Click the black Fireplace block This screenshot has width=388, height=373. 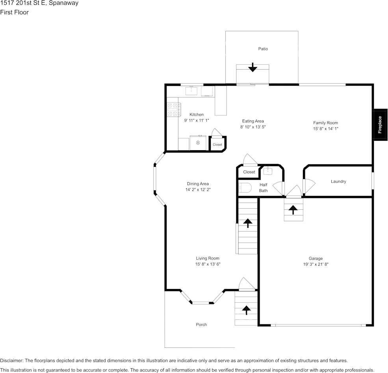click(x=380, y=125)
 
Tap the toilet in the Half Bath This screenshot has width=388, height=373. click(x=245, y=188)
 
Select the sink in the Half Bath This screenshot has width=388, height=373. click(x=268, y=171)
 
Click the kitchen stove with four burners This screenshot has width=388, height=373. click(x=173, y=110)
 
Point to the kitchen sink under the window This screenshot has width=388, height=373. click(x=191, y=91)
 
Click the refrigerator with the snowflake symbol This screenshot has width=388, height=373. click(x=198, y=143)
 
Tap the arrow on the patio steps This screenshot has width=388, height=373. click(x=252, y=67)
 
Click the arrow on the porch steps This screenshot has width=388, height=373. click(x=246, y=310)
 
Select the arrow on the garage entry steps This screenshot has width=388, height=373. click(x=293, y=210)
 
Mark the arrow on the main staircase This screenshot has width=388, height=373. click(x=247, y=223)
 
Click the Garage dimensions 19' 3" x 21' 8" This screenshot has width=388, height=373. click(x=316, y=264)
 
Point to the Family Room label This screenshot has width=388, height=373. click(x=325, y=123)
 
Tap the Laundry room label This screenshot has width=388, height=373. click(x=338, y=181)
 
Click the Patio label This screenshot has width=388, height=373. click(x=263, y=49)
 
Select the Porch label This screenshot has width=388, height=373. click(x=201, y=325)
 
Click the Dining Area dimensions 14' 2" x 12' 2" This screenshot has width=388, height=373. click(x=198, y=190)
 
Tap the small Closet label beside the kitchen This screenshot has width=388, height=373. click(x=217, y=145)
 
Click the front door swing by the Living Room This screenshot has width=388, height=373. click(x=247, y=284)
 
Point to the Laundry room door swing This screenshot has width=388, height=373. click(x=309, y=186)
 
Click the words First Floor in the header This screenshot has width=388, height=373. click(x=14, y=12)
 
